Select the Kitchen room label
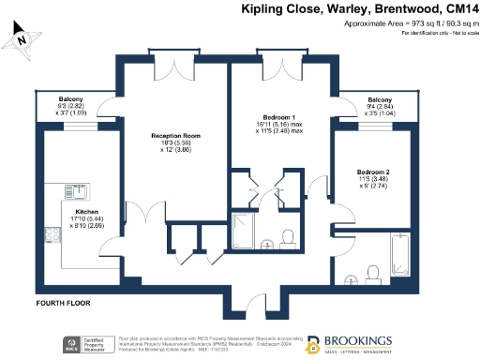coord(87,211)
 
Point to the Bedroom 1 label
coord(280,117)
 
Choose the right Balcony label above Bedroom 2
coord(380,100)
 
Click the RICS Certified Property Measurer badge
coord(88,344)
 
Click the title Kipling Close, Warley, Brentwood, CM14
coord(357,9)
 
